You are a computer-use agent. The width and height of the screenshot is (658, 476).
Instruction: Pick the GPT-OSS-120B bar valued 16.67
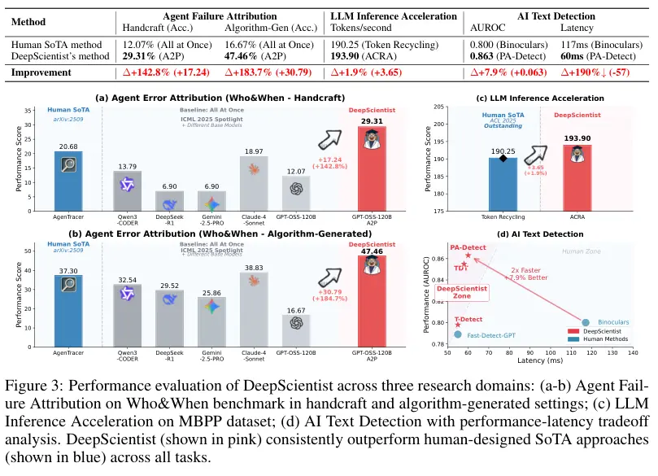pos(296,330)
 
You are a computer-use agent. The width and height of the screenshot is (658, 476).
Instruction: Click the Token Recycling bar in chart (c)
pos(503,184)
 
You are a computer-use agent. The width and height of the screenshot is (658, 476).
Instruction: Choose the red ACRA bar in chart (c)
pos(577,179)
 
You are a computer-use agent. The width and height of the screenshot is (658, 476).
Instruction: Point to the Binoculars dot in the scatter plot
pos(586,322)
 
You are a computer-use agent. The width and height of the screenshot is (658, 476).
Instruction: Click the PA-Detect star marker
pos(468,255)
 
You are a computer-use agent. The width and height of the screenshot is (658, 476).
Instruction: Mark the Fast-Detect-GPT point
pos(458,334)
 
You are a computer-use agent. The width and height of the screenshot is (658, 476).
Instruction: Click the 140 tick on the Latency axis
pos(633,352)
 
